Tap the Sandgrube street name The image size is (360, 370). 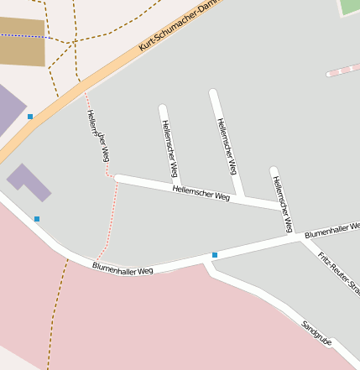click(x=317, y=331)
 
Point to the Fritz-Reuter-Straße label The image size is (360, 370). click(x=338, y=270)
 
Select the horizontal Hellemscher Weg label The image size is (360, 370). click(x=201, y=193)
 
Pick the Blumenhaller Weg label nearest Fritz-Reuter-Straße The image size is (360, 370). click(x=331, y=229)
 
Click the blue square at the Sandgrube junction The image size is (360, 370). click(x=215, y=254)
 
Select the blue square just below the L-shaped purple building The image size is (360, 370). click(x=37, y=219)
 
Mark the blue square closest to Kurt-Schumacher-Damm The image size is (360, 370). click(x=30, y=117)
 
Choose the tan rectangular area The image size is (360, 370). click(x=22, y=42)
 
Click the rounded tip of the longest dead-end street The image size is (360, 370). click(x=213, y=92)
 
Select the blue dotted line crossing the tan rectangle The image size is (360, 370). click(x=22, y=36)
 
